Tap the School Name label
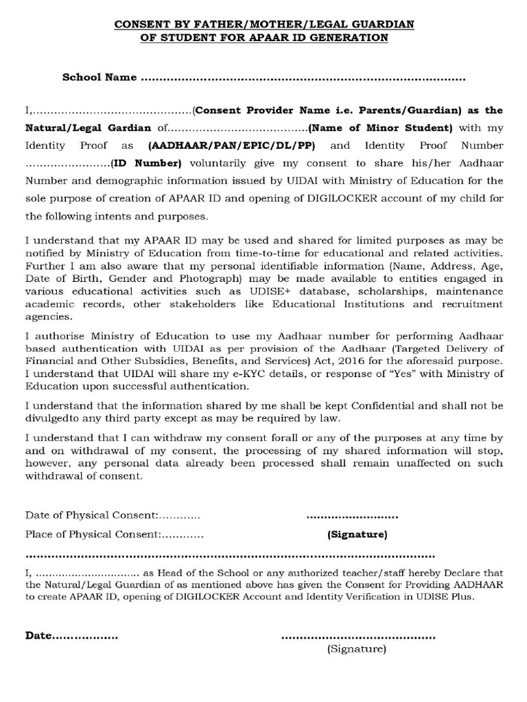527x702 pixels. click(99, 77)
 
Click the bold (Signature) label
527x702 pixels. click(357, 534)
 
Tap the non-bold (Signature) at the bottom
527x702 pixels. click(357, 648)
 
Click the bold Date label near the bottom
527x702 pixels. click(39, 636)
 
